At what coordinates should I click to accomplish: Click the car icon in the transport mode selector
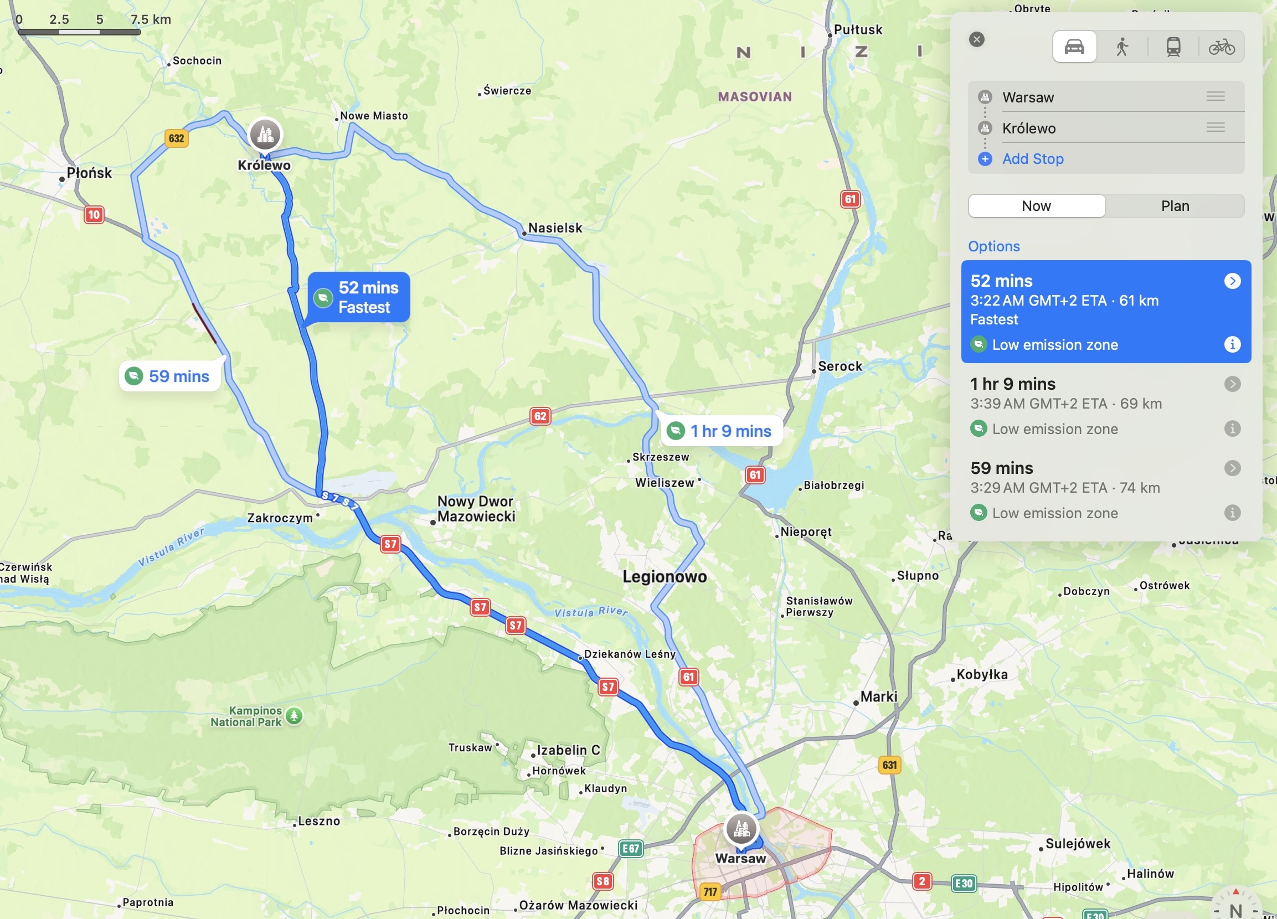1074,46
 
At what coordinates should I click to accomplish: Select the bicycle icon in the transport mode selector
1221,46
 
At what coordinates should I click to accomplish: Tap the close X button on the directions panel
977,39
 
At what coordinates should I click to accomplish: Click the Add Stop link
1033,159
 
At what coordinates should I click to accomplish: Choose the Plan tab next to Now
1175,206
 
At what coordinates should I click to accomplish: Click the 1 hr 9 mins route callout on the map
721,431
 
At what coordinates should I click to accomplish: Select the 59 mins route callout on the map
169,376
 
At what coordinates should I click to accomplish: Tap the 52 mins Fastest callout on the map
359,297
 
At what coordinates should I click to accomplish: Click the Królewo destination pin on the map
265,135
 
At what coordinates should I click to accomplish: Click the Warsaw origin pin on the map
741,828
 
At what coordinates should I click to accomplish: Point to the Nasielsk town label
555,228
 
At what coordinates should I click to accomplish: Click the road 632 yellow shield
176,138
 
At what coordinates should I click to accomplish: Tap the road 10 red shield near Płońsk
94,214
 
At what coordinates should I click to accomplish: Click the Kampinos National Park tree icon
294,716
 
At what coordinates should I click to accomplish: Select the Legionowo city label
665,576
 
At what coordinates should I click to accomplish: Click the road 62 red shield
540,416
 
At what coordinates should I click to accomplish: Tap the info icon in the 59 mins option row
1232,513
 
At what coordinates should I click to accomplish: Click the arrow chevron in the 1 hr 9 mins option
1232,384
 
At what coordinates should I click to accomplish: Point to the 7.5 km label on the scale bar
150,19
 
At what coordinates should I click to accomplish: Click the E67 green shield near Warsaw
631,848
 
